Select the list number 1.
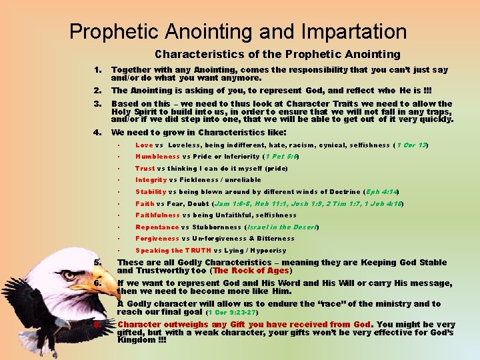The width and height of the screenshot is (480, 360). point(97,69)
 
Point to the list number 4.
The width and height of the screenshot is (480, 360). point(97,131)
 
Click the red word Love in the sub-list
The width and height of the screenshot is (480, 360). point(144,145)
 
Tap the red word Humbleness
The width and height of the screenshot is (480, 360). point(157,157)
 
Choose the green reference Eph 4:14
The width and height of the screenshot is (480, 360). point(382,191)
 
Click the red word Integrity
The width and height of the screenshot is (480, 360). point(151,179)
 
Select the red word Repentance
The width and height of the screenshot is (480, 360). point(157,227)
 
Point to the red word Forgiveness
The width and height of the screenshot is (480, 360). point(157,239)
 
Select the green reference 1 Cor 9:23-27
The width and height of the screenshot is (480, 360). point(233,312)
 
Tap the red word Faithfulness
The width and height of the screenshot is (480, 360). point(157,215)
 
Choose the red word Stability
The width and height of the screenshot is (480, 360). point(151,191)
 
